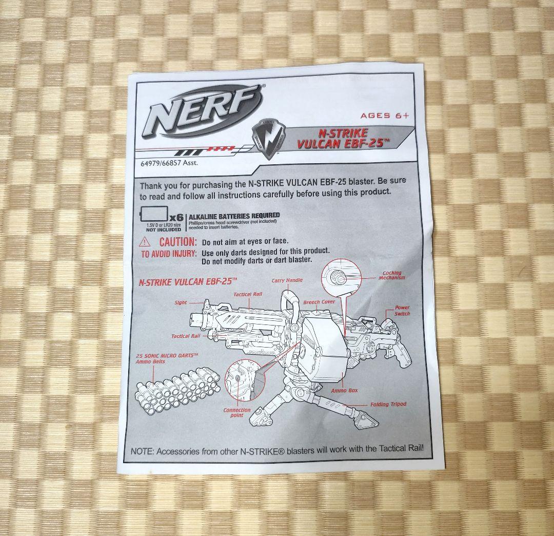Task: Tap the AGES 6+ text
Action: pyautogui.click(x=384, y=116)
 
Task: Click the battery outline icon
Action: pyautogui.click(x=154, y=213)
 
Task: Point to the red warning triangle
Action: pyautogui.click(x=147, y=242)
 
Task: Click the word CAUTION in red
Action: pyautogui.click(x=178, y=242)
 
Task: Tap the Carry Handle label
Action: pyautogui.click(x=287, y=280)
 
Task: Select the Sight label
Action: pyautogui.click(x=181, y=303)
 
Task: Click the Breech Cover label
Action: pyautogui.click(x=319, y=302)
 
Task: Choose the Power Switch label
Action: pyautogui.click(x=402, y=311)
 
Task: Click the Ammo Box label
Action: pyautogui.click(x=344, y=391)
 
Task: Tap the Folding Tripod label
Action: pyautogui.click(x=388, y=405)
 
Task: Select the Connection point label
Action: pyautogui.click(x=237, y=412)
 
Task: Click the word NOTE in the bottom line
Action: pyautogui.click(x=142, y=451)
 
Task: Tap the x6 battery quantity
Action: pyautogui.click(x=176, y=216)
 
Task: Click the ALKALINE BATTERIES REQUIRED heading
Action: pyautogui.click(x=234, y=215)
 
